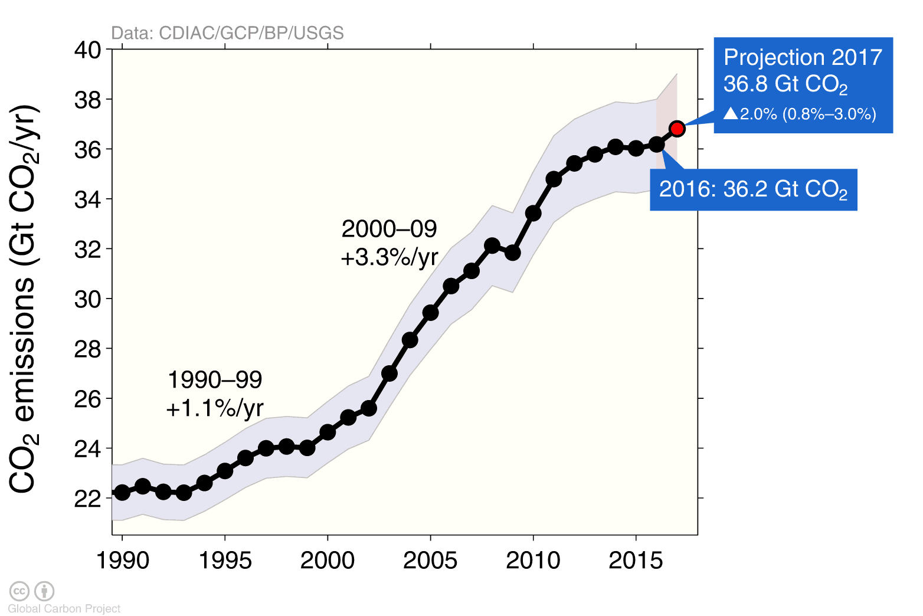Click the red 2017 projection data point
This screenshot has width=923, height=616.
pyautogui.click(x=677, y=129)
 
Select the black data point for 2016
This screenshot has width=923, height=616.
pyautogui.click(x=656, y=144)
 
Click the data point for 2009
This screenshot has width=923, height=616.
pyautogui.click(x=512, y=253)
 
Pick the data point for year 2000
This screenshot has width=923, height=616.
pyautogui.click(x=328, y=432)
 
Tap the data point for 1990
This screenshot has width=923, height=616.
pyautogui.click(x=122, y=492)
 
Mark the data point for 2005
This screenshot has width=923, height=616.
pyautogui.click(x=430, y=313)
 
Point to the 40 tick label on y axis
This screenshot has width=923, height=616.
pyautogui.click(x=87, y=50)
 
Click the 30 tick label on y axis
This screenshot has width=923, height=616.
pyautogui.click(x=87, y=299)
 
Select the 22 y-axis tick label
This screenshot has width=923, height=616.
pyautogui.click(x=87, y=499)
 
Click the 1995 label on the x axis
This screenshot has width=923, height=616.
pyautogui.click(x=225, y=561)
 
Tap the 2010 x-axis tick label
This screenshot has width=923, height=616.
pyautogui.click(x=533, y=561)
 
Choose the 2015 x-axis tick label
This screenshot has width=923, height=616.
pyautogui.click(x=636, y=561)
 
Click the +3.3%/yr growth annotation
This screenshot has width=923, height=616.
pyautogui.click(x=390, y=257)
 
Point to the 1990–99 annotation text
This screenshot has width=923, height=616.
pyautogui.click(x=215, y=380)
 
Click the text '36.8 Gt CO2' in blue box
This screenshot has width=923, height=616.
pyautogui.click(x=785, y=84)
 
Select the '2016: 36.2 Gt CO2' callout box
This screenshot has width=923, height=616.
pyautogui.click(x=753, y=189)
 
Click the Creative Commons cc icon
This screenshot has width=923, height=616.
pyautogui.click(x=19, y=591)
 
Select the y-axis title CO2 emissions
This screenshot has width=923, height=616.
pyautogui.click(x=24, y=299)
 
